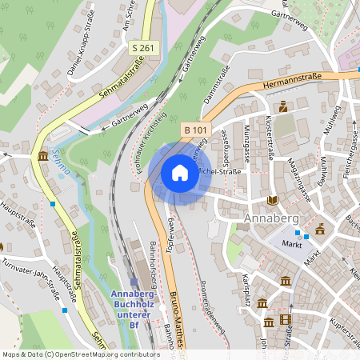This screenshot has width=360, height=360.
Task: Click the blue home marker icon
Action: [x=179, y=173]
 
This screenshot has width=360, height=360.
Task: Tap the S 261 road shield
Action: [x=143, y=49]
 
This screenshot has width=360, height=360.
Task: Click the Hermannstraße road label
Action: [x=282, y=80]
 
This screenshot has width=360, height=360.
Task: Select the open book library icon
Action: [x=273, y=200]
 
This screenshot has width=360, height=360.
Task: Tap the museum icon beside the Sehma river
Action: [x=42, y=155]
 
